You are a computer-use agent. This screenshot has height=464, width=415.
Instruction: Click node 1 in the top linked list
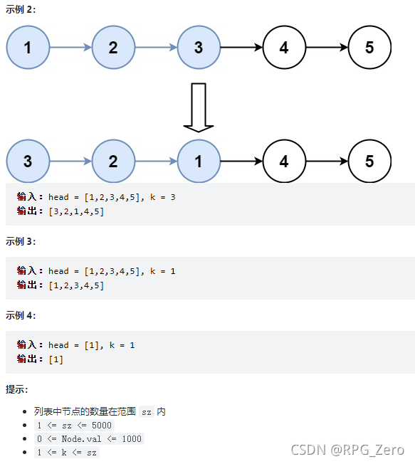coord(28,48)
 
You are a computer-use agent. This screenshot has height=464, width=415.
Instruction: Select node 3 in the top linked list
coord(199,48)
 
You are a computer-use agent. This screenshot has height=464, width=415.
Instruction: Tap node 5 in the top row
coord(369,48)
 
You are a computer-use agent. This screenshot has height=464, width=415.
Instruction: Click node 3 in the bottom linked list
coord(28,162)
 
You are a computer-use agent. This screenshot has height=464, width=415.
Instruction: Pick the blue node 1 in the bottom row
coord(199,162)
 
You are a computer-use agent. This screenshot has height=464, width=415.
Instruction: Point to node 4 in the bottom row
coord(284,162)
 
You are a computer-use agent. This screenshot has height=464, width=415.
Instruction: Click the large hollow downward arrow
coord(199,107)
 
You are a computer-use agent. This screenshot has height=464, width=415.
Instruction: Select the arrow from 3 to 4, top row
coord(241,48)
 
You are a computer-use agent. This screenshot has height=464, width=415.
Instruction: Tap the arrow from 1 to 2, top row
coord(70,48)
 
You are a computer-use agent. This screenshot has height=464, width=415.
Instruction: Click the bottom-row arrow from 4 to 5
coord(327,162)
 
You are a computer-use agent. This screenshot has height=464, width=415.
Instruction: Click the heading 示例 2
coord(21,9)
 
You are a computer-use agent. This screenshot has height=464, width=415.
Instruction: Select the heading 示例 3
coord(21,241)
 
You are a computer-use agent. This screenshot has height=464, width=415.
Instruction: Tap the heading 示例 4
coord(21,315)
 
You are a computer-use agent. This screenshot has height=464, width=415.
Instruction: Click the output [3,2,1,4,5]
coord(76,211)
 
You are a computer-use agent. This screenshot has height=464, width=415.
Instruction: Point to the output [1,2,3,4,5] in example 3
coord(76,285)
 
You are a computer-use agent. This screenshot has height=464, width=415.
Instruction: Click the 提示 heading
coord(16,389)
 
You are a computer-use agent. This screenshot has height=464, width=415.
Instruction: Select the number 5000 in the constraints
coord(102,426)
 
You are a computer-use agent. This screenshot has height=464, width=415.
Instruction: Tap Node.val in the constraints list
coord(81,439)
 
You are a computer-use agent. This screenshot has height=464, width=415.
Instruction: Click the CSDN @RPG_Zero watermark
coord(347,450)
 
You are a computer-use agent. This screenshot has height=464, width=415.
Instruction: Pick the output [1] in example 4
coord(56,359)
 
